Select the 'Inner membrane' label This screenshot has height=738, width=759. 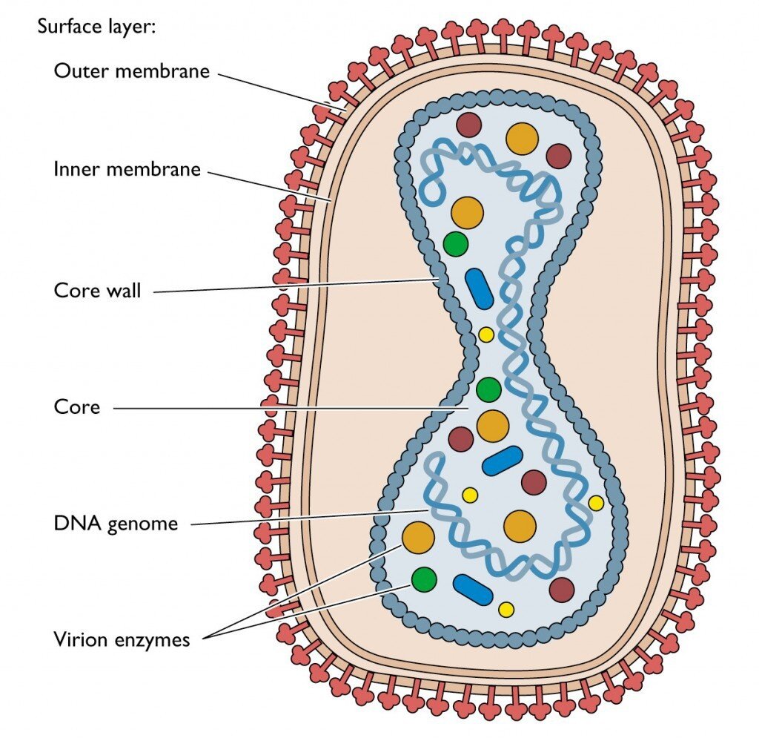[127, 169]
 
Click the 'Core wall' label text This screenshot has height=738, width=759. [97, 290]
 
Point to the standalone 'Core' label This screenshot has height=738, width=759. [76, 406]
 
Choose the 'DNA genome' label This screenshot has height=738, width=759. [116, 524]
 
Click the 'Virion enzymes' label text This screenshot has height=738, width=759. [122, 639]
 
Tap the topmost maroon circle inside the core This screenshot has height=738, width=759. [468, 125]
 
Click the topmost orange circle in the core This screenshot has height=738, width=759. [522, 139]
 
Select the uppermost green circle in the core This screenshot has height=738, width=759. [456, 243]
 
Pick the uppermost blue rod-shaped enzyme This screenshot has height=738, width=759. [479, 289]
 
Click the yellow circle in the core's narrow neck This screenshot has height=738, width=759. [486, 335]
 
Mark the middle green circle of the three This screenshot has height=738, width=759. [488, 389]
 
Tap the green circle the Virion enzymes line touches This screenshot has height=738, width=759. [424, 579]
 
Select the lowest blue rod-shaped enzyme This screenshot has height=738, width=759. [473, 590]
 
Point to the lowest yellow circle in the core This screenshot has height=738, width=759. [506, 610]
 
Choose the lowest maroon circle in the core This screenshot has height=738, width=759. [562, 590]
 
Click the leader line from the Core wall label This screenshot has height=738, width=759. [296, 285]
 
